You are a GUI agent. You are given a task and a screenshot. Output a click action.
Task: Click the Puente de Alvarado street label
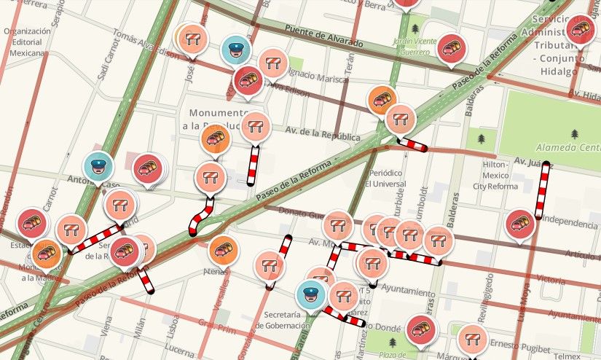click(323, 36)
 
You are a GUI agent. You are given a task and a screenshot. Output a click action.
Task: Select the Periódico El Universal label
click(385, 178)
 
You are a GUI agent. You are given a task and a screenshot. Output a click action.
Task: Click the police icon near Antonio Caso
click(97, 165)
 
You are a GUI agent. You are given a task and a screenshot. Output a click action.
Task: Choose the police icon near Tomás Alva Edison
click(235, 49)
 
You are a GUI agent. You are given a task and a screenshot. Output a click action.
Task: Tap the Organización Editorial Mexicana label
click(27, 42)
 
